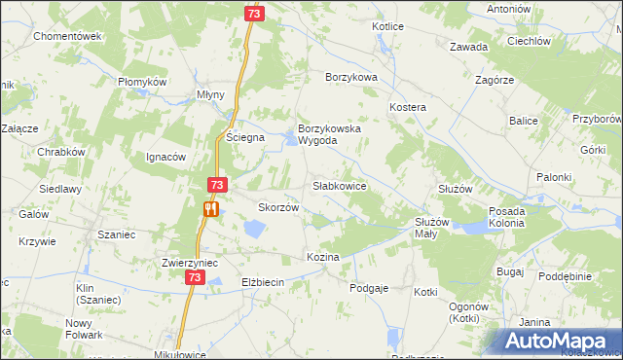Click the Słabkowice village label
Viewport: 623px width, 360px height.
coord(339,185)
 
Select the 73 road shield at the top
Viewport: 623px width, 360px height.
coord(253,14)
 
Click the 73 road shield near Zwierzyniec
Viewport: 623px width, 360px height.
coord(195,278)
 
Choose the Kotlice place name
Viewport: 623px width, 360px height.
coord(387,26)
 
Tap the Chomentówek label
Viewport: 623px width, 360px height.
coord(67,36)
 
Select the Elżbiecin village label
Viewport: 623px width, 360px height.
coord(261,282)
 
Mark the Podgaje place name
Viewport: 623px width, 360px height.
coord(370,287)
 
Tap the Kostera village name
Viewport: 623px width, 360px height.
coord(408,105)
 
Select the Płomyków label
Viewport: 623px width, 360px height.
coord(143,82)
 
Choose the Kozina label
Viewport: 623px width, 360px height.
coord(322,257)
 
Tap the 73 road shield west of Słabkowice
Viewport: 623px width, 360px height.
coord(217,185)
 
